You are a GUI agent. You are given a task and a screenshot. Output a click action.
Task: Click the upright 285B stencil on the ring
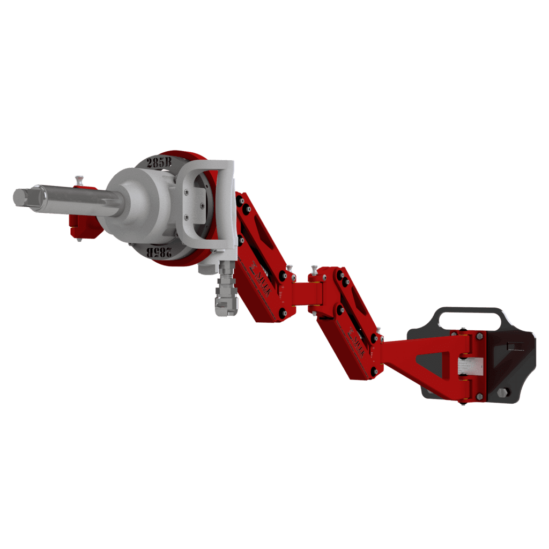159,162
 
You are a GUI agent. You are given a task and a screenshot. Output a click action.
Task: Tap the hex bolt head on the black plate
502,393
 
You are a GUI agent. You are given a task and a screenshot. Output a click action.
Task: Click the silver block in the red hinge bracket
470,367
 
